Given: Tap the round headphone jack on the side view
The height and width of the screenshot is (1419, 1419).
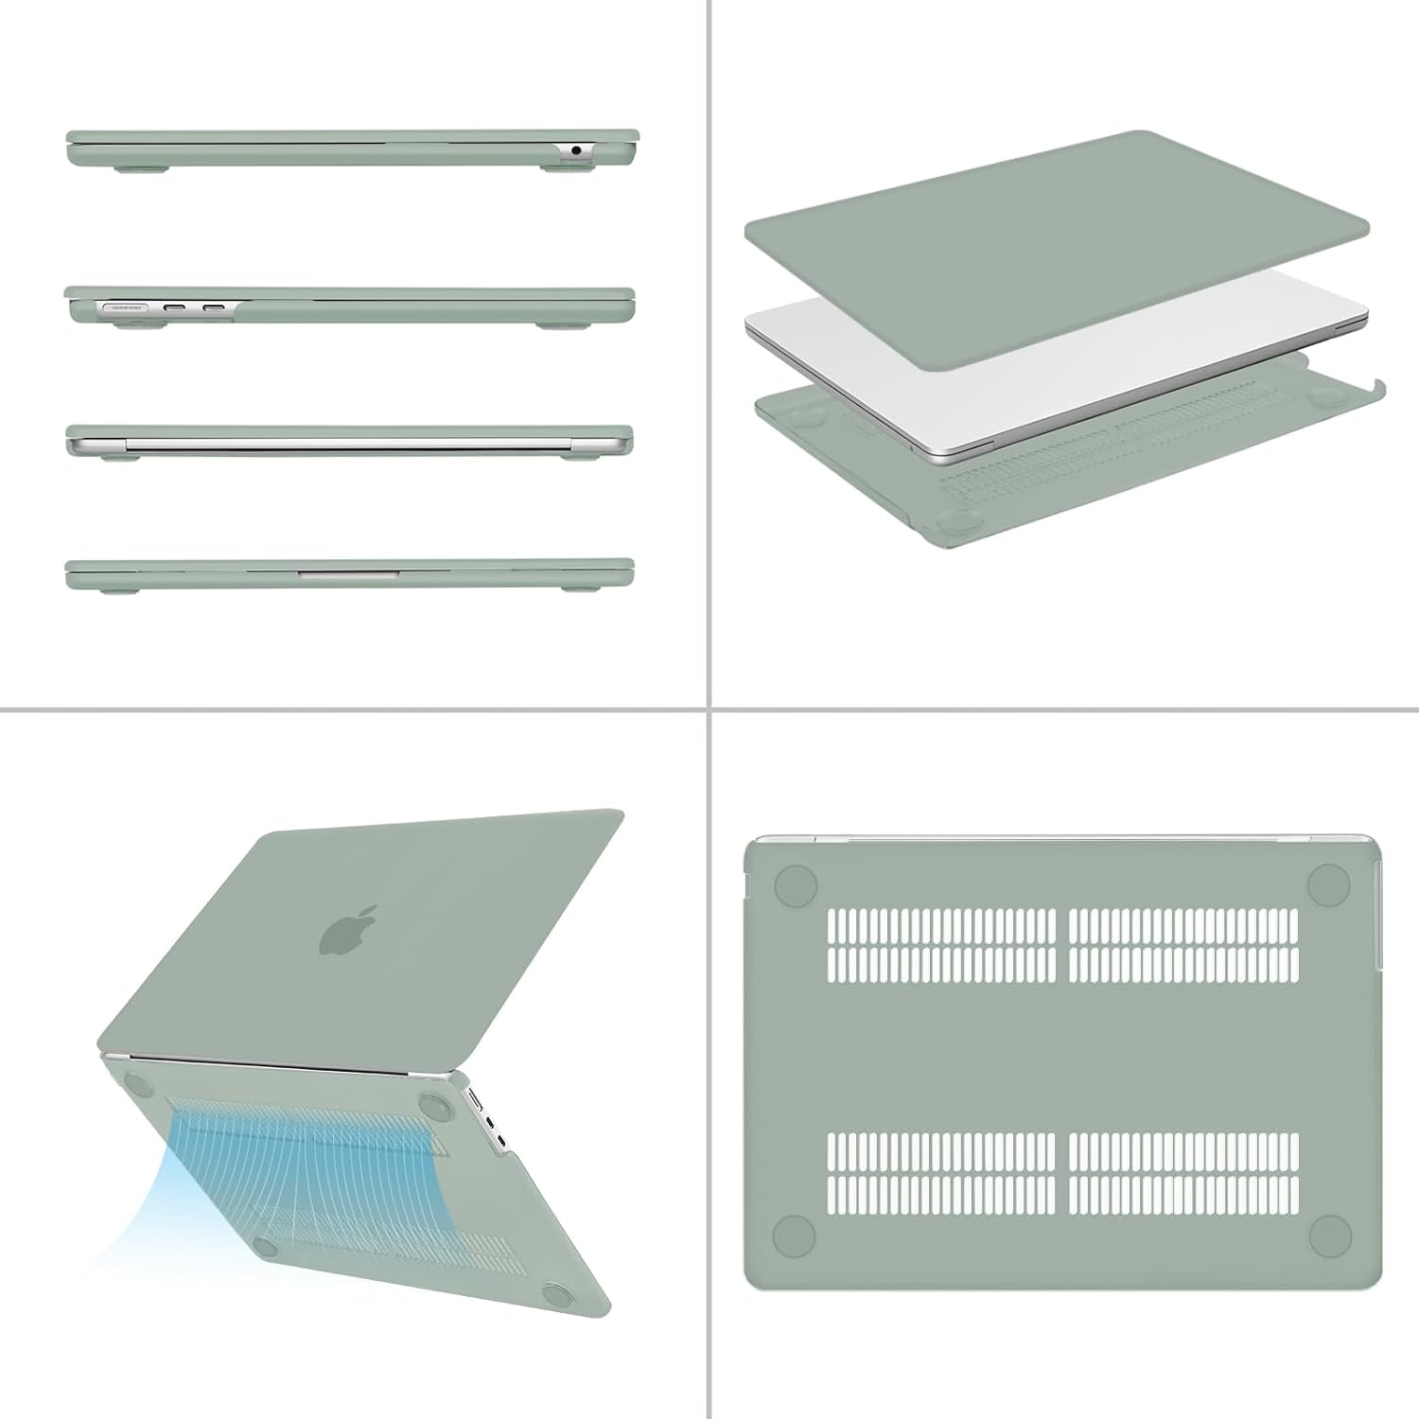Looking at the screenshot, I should [576, 150].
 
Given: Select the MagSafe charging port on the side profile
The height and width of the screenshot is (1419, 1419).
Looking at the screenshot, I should [123, 307].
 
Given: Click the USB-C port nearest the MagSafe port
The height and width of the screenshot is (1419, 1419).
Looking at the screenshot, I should [176, 307].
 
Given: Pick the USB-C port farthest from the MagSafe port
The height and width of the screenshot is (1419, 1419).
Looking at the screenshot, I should [214, 307].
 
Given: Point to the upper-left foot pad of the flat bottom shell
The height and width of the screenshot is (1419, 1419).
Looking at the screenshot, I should [795, 885].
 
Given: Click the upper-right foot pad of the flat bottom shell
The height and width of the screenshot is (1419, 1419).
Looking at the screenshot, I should [1328, 885].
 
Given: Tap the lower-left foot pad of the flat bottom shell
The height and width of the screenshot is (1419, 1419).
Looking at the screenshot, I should [795, 1235].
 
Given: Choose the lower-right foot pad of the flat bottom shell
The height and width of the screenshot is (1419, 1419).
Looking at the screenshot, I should [1330, 1235].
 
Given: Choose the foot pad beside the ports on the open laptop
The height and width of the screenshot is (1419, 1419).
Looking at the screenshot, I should [436, 1104].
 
